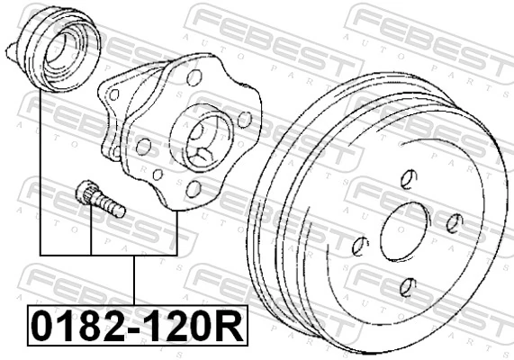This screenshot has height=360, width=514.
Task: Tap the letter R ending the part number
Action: [x=231, y=326]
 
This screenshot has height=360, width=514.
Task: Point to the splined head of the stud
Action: [x=87, y=192]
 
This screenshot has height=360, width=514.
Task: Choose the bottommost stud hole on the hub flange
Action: [x=193, y=188]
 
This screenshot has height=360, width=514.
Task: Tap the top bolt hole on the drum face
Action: [x=407, y=177]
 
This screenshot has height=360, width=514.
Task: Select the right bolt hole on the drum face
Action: [x=455, y=223]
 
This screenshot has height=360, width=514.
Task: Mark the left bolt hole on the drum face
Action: [x=360, y=245]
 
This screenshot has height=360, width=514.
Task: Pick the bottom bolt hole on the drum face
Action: [x=406, y=287]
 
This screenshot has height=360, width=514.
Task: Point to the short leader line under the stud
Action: [x=91, y=235]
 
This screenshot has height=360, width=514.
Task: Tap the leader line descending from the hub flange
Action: [x=176, y=229]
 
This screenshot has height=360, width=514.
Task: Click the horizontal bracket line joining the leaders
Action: [x=108, y=255]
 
